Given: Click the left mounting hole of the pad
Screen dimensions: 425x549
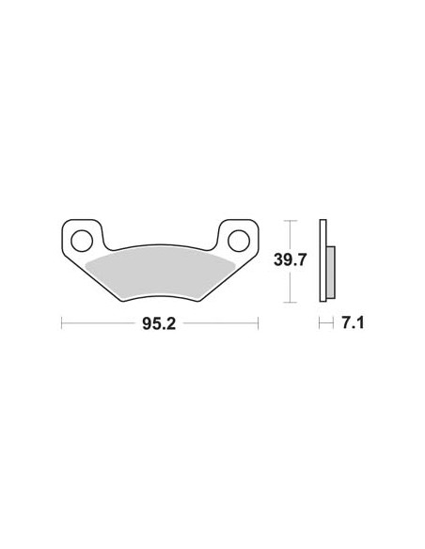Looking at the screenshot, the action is click(82, 241).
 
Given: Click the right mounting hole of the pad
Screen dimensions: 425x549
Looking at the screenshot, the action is click(239, 241).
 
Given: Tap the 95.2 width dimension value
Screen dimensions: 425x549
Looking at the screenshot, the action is click(159, 324).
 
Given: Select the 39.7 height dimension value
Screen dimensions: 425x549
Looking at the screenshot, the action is click(291, 259).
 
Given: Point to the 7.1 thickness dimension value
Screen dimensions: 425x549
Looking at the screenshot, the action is click(353, 322).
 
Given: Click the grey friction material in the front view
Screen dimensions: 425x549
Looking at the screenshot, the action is click(159, 274).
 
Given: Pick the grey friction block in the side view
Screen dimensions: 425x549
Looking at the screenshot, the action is click(331, 273).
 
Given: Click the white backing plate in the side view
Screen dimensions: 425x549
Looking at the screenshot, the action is click(323, 260).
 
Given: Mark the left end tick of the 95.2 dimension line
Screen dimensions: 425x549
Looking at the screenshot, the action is click(62, 323).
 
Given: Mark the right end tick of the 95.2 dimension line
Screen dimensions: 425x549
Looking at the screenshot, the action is click(258, 323).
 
